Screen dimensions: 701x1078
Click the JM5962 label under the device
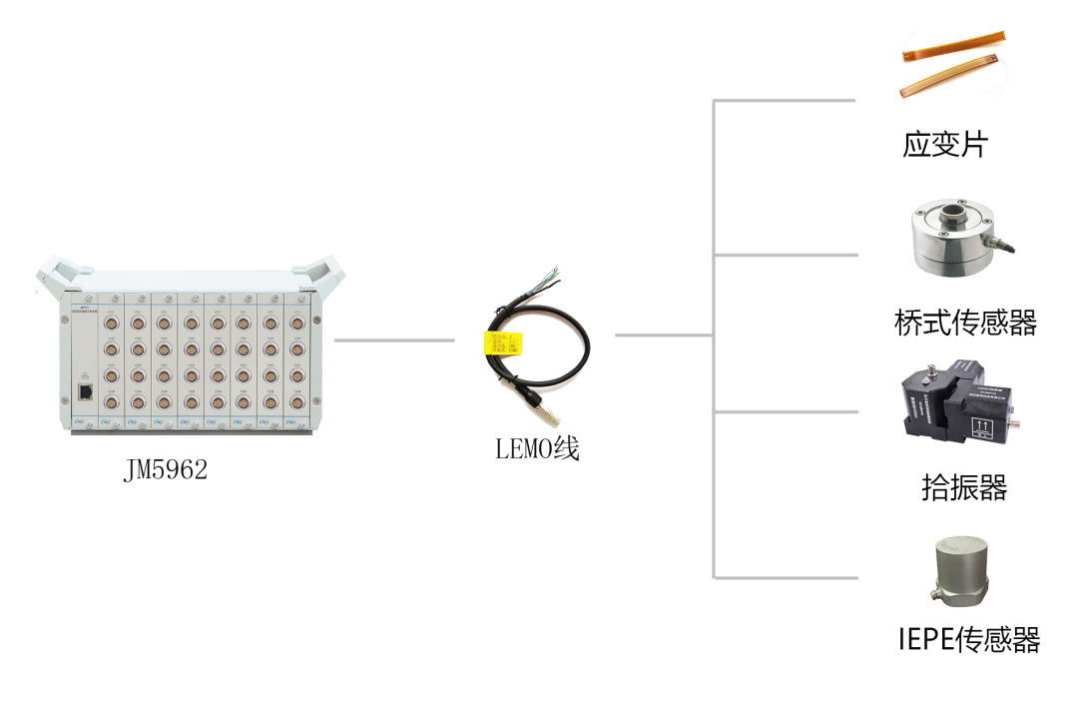pyautogui.click(x=166, y=470)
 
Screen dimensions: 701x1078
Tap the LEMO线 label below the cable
pyautogui.click(x=538, y=449)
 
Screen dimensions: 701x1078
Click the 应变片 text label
pyautogui.click(x=943, y=147)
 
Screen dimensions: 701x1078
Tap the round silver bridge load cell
pyautogui.click(x=956, y=239)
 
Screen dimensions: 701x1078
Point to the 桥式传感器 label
pyautogui.click(x=964, y=324)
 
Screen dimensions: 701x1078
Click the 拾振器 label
pyautogui.click(x=962, y=488)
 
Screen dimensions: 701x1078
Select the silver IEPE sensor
pyautogui.click(x=960, y=572)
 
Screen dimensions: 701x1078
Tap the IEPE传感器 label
pyautogui.click(x=968, y=640)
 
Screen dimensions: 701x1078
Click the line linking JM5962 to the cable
pyautogui.click(x=393, y=341)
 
